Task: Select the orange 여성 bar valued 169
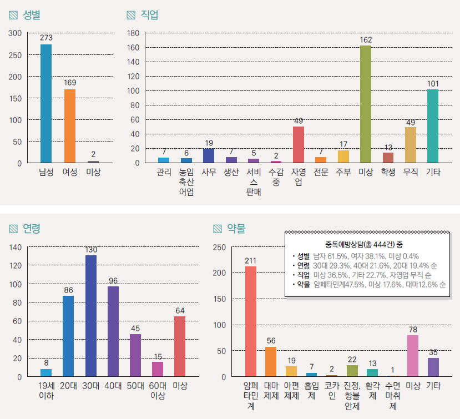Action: [69, 126]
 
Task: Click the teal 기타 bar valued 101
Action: [433, 126]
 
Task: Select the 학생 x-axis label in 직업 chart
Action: [388, 172]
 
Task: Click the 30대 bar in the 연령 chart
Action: [91, 316]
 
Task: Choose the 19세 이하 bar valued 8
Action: [46, 372]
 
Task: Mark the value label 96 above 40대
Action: [113, 280]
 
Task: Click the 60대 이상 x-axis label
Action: [158, 390]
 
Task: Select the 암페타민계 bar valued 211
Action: [250, 321]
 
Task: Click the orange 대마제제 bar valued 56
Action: [270, 362]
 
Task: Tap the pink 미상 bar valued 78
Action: [412, 356]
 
